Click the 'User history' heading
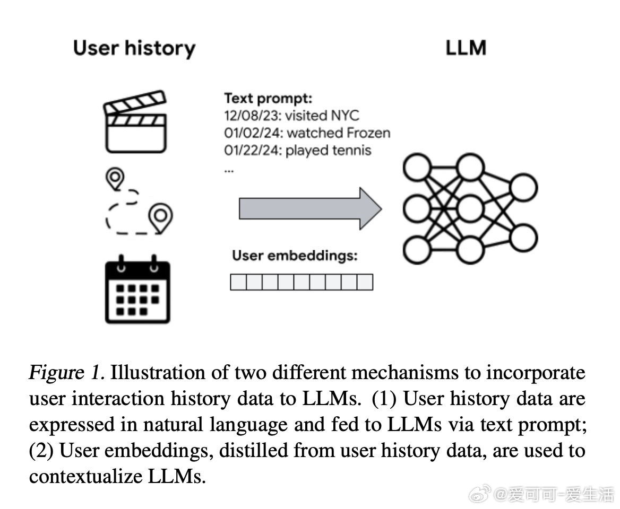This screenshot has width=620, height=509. click(134, 48)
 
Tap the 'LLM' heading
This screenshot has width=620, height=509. click(466, 48)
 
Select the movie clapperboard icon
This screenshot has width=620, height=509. click(135, 121)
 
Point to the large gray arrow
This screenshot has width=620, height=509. click(310, 208)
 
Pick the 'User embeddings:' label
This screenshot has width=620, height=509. click(295, 256)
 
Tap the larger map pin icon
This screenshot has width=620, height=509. click(160, 217)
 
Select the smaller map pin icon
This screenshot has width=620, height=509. click(115, 179)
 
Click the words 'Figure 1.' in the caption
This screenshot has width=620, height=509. click(67, 373)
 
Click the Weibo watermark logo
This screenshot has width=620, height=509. click(480, 495)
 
